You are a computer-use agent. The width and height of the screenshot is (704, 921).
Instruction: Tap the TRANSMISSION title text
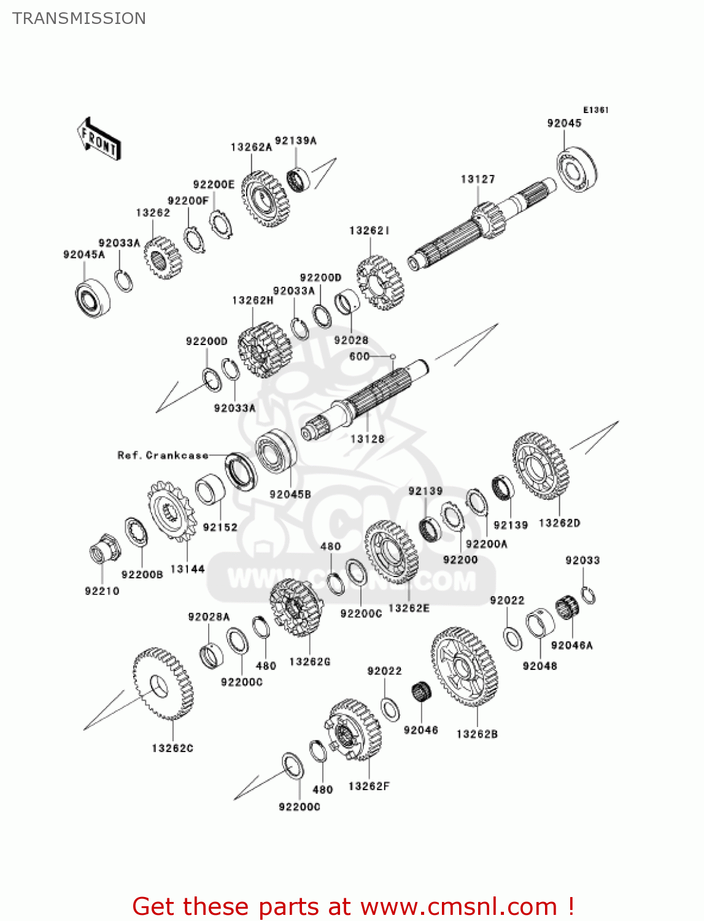click(79, 18)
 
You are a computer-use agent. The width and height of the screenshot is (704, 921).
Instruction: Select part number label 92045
click(564, 123)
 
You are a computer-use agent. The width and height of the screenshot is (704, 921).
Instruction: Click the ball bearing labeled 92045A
click(93, 298)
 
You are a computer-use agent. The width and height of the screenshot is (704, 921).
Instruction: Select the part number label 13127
click(478, 179)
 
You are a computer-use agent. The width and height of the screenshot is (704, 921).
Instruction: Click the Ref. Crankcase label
click(163, 455)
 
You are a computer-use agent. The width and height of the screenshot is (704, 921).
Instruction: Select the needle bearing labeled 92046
click(421, 693)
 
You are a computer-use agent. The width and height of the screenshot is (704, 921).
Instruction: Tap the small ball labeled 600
click(393, 356)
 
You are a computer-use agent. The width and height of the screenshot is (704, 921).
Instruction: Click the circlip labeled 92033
click(588, 595)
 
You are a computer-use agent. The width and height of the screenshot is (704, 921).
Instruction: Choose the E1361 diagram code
click(595, 110)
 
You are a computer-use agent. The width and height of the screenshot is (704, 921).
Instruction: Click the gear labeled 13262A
click(265, 198)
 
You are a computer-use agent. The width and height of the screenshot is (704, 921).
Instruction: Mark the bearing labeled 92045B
click(276, 454)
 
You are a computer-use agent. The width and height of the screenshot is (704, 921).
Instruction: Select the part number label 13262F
click(369, 786)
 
